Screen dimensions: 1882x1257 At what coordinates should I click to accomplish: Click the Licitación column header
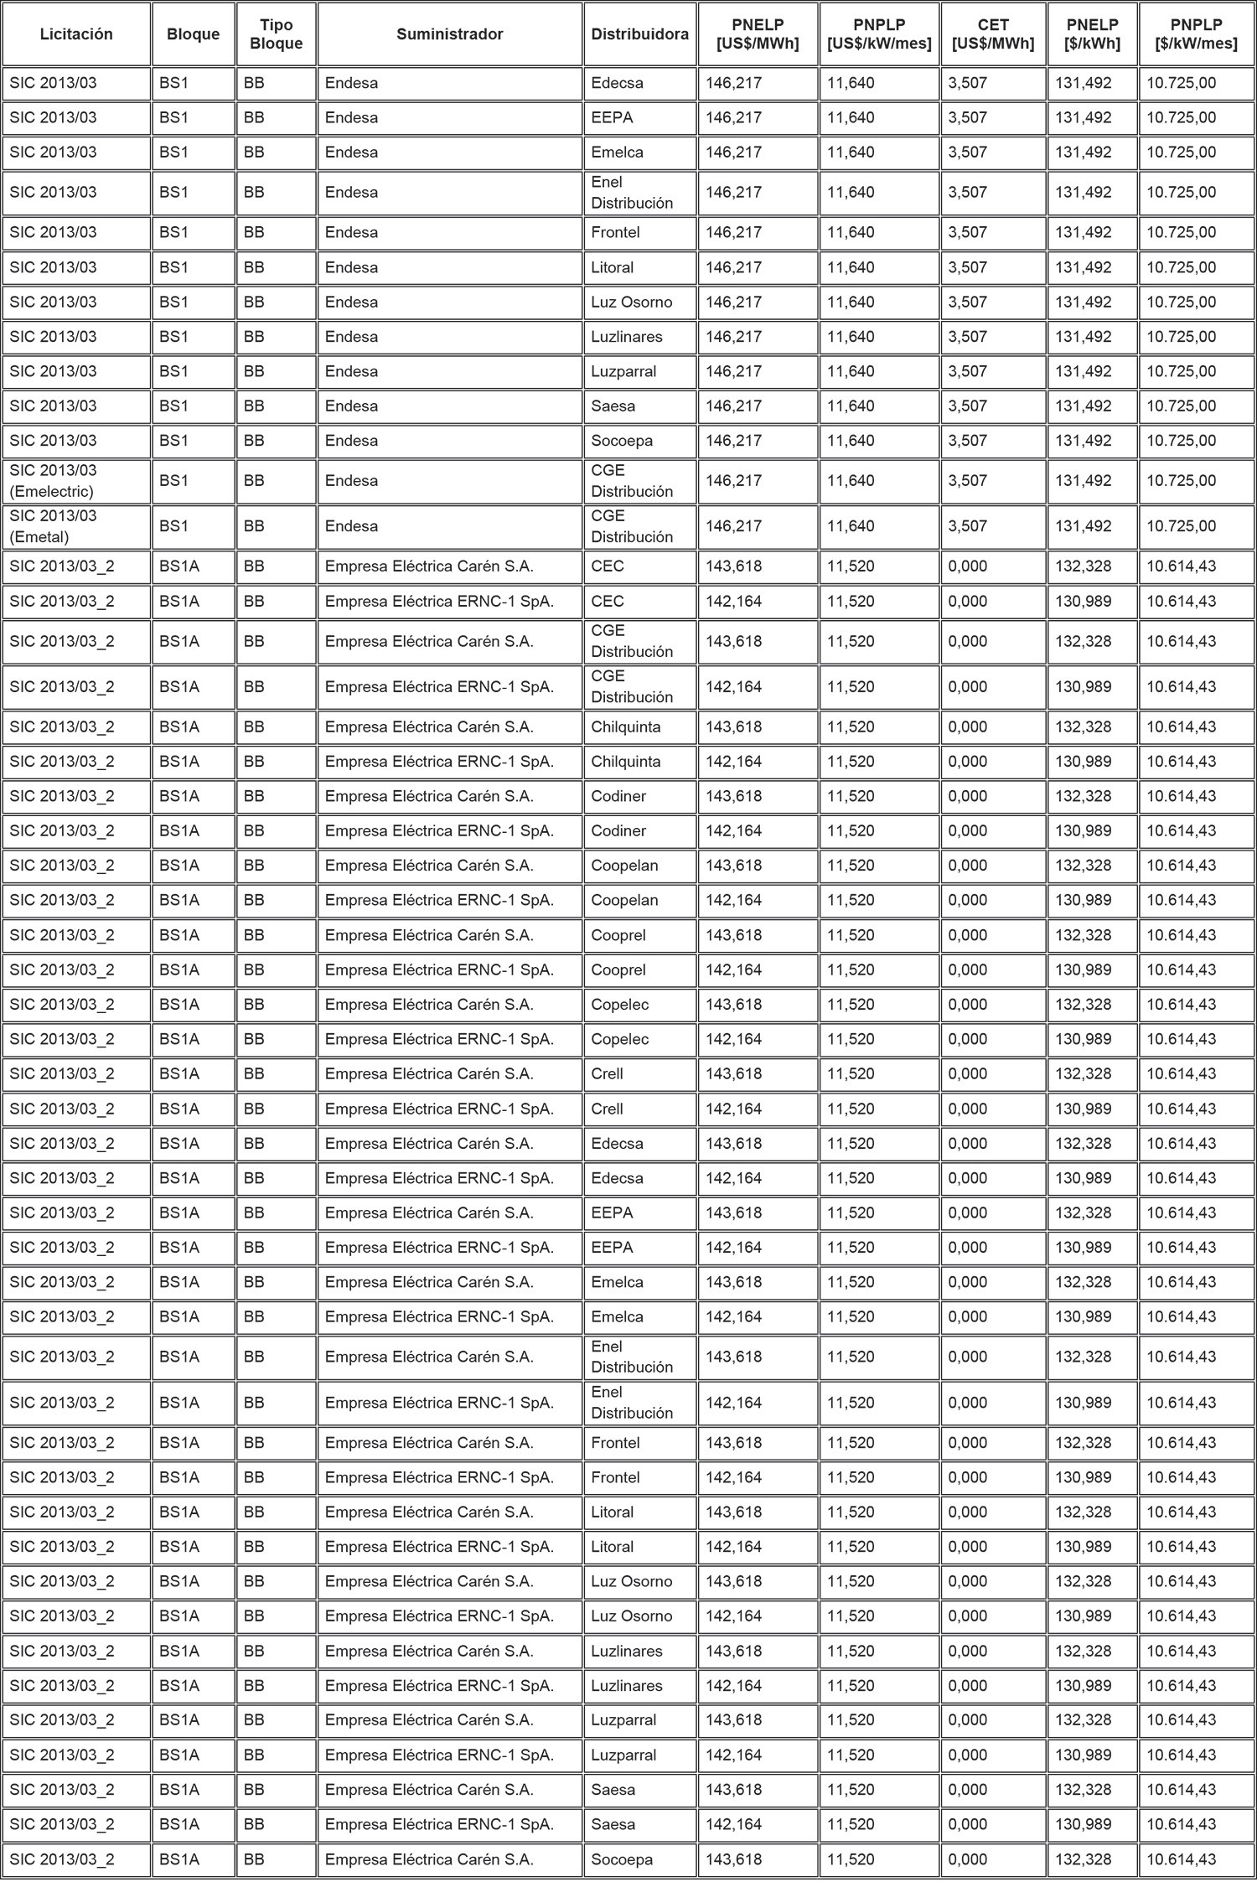76,34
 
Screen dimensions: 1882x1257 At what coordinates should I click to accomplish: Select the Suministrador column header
450,34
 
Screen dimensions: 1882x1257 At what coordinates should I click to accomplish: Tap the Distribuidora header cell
640,34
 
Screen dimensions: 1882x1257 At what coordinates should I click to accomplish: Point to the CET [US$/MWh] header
993,34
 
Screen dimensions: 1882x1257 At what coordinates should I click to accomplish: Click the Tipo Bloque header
277,34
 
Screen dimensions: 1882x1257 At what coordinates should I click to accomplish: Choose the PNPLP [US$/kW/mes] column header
879,34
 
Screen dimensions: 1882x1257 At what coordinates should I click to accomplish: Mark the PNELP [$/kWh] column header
1092,34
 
